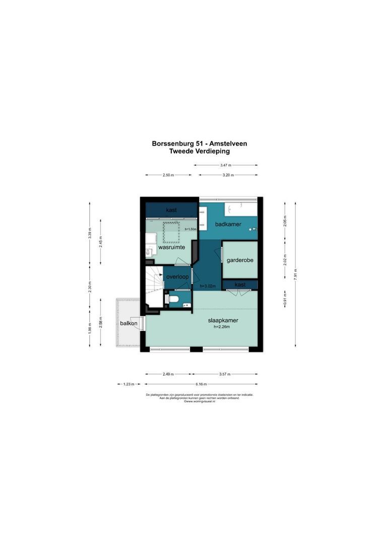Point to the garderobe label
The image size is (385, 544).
(240, 260)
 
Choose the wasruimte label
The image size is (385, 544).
(170, 248)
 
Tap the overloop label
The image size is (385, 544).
(177, 277)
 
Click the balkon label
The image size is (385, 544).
(128, 323)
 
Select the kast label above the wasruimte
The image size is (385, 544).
(171, 210)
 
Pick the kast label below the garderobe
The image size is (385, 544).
(240, 285)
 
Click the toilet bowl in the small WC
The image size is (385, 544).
(172, 299)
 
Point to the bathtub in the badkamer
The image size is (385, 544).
(240, 208)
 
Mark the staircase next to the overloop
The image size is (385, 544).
(153, 286)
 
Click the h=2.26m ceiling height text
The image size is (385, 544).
(222, 327)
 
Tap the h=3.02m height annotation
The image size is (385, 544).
(207, 287)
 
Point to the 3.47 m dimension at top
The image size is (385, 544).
(226, 165)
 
